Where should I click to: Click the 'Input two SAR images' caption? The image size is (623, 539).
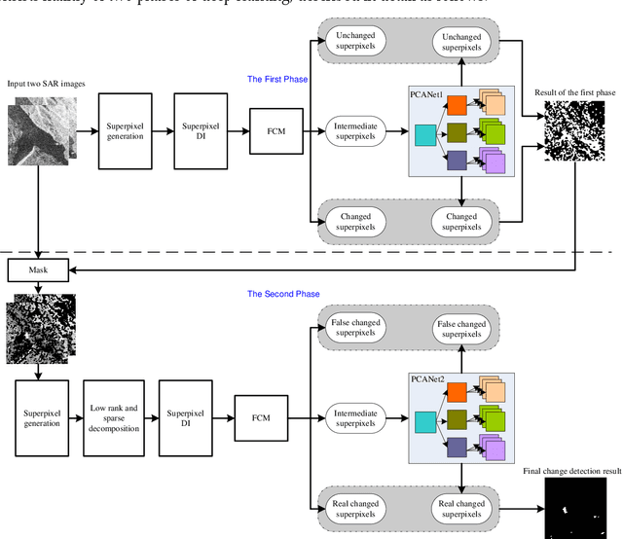(46, 85)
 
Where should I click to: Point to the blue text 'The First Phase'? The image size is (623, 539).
(277, 80)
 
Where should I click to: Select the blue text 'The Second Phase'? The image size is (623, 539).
(283, 294)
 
